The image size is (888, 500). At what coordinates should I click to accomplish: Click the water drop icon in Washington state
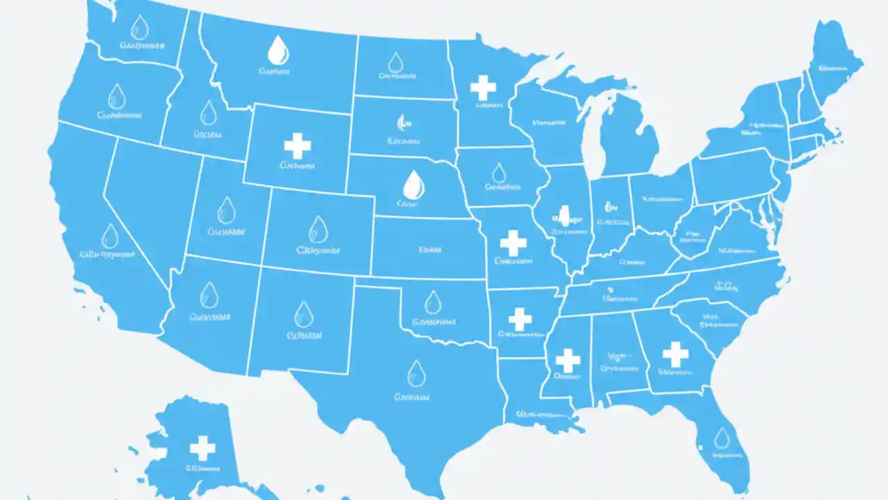coord(139,28)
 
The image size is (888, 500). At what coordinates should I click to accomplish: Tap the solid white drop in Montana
coord(277,50)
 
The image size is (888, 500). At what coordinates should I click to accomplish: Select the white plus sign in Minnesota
coord(483,88)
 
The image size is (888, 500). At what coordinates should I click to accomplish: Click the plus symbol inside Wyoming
coord(298,147)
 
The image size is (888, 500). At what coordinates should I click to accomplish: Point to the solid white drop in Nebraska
coord(413,184)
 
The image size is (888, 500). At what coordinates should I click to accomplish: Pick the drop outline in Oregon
coord(117,97)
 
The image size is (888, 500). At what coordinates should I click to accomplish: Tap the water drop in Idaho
coord(208,112)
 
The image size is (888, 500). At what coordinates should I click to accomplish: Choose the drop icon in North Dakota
coord(395,63)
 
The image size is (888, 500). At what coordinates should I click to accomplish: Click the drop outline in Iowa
coord(499,173)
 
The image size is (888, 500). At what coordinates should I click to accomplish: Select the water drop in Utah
coord(226,210)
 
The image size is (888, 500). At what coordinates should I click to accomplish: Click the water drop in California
coord(110,236)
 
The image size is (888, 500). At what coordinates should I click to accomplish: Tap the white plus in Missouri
coord(513,243)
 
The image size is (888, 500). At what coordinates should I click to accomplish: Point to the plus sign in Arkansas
coord(520,319)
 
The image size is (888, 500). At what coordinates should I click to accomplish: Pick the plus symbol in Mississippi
coord(567,360)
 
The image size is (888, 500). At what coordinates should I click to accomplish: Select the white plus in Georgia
coord(675,354)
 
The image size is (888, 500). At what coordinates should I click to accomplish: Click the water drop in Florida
coord(722,438)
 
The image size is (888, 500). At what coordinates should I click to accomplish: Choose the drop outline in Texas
coord(416,372)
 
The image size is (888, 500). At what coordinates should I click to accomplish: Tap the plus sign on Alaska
coord(203,448)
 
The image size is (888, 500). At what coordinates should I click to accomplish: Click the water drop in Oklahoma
coord(433,302)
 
